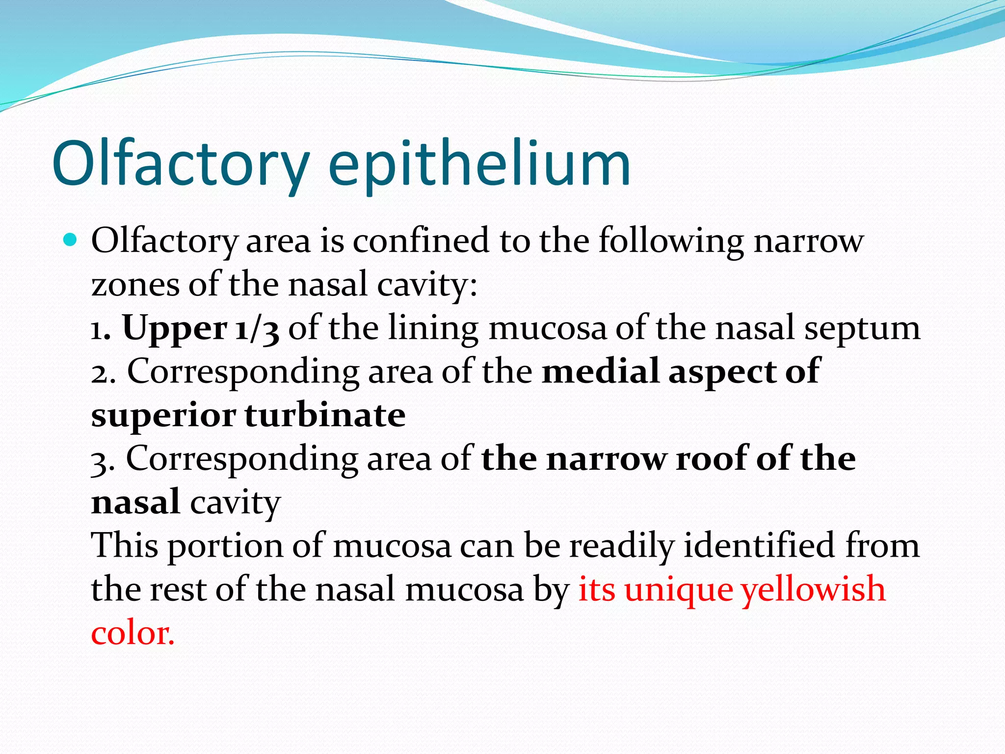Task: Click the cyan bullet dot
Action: pyautogui.click(x=71, y=240)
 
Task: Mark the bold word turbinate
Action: pyautogui.click(x=325, y=415)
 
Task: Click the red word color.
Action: pyautogui.click(x=132, y=633)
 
